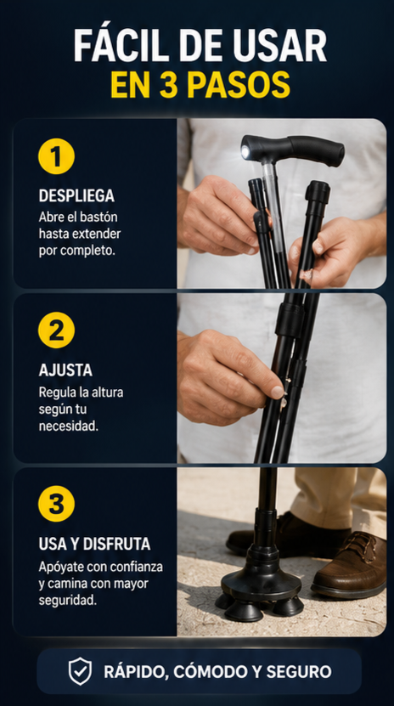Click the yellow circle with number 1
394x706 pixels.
pos(56,156)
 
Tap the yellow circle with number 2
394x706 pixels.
pos(56,330)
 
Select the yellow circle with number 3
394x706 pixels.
pos(56,504)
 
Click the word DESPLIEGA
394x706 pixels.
pos(76,196)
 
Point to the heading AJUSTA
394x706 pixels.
pos(65,370)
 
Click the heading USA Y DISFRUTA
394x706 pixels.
pos(94,544)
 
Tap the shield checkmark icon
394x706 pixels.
pos(80,671)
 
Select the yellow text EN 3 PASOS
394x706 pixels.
pos(200,84)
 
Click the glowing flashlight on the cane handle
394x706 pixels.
pos(245,152)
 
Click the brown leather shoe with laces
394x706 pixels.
pos(350,565)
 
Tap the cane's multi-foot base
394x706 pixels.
pos(261,590)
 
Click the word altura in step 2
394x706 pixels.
pos(108,393)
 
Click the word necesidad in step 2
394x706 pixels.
pos(69,426)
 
